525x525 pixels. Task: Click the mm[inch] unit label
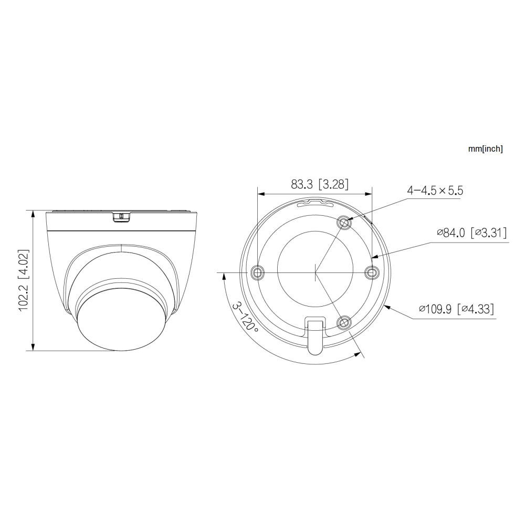point(485,149)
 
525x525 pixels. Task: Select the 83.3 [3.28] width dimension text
point(320,184)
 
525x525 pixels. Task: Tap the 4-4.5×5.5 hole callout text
point(435,191)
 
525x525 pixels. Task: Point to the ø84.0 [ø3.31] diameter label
point(471,233)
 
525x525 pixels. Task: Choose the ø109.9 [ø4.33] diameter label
point(457,309)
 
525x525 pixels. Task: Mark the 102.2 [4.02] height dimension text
point(24,281)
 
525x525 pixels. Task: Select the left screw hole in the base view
point(258,272)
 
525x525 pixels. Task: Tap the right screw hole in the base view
point(372,272)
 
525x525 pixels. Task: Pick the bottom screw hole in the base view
point(344,322)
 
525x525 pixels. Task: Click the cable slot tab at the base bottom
point(315,336)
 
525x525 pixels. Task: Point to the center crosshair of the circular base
point(315,272)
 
